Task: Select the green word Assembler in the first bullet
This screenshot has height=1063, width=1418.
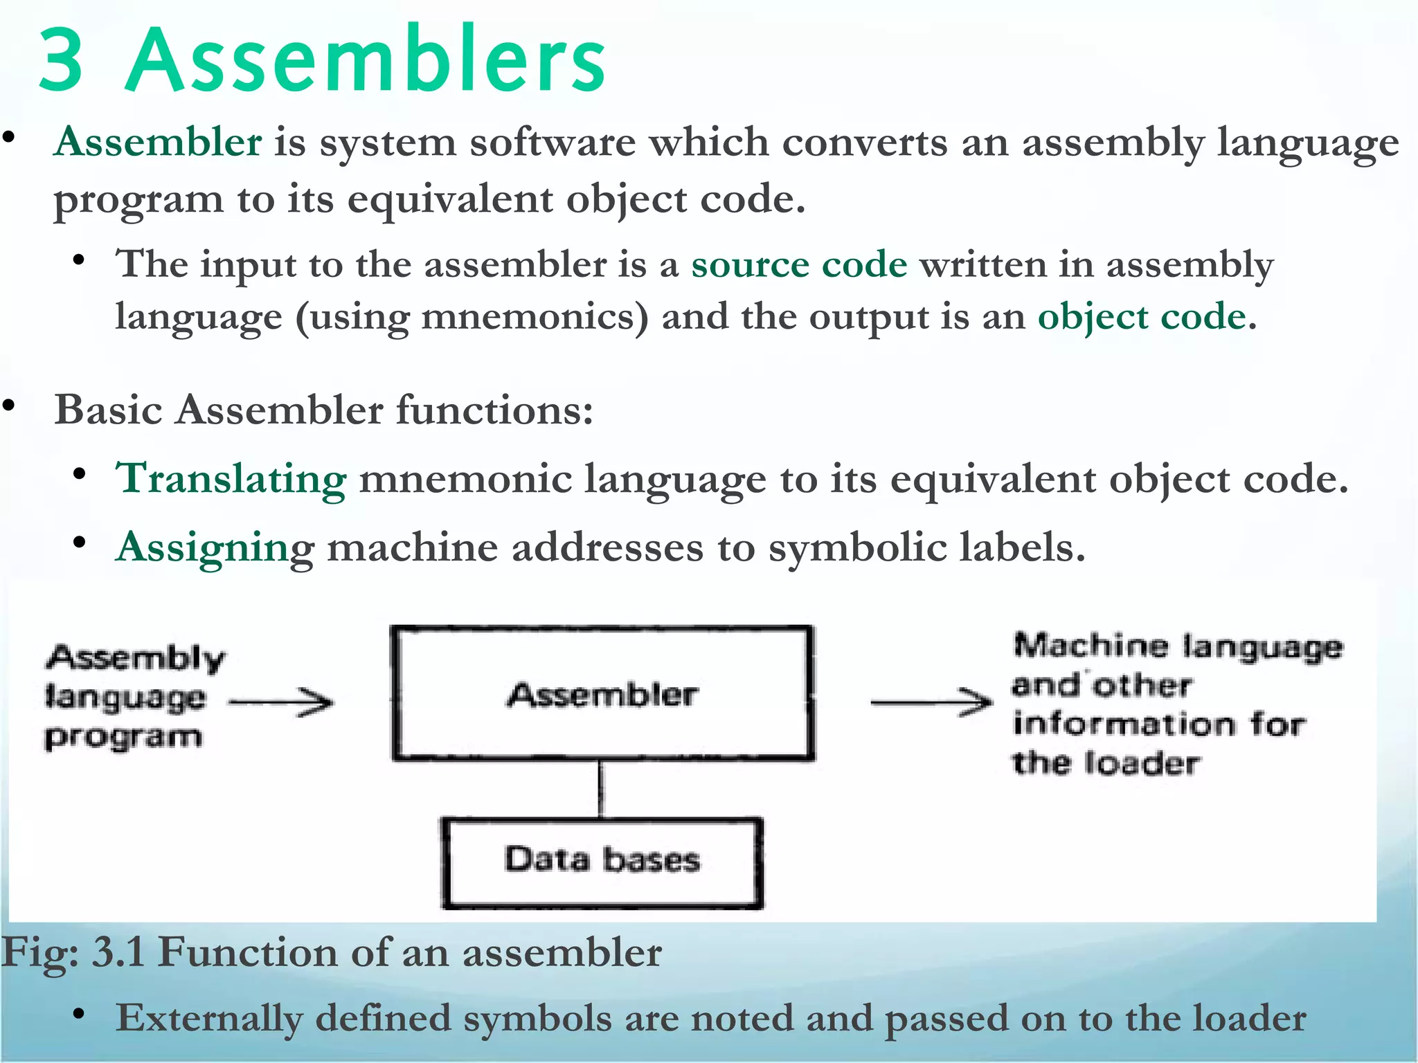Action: coord(158,142)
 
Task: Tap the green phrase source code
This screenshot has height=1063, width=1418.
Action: coord(798,264)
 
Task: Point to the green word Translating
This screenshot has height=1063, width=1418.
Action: coord(231,479)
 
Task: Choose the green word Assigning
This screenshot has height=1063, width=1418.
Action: coord(215,547)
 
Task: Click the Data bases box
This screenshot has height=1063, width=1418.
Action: coord(602,862)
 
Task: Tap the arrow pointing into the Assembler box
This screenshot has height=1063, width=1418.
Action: coord(281,702)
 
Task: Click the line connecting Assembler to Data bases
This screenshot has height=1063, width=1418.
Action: coord(600,789)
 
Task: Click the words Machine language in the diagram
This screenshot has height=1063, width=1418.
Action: coord(1177,646)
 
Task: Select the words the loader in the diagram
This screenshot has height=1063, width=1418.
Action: coord(1105,763)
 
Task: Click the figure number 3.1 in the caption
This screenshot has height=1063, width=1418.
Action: coord(118,953)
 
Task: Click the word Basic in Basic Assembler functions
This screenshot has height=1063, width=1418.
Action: coord(108,410)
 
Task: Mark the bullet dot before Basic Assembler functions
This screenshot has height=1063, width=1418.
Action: coord(9,406)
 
